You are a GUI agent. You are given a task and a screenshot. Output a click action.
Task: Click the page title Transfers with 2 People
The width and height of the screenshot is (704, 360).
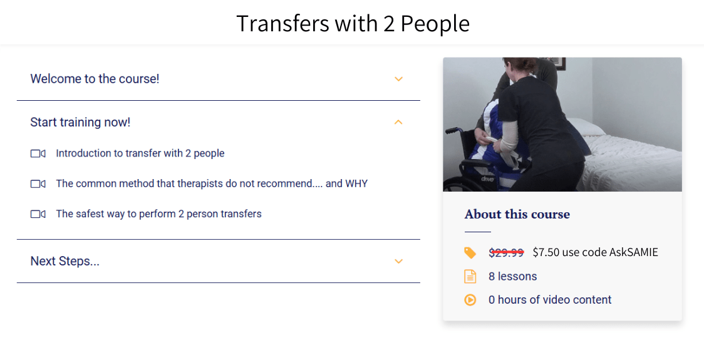(x=353, y=24)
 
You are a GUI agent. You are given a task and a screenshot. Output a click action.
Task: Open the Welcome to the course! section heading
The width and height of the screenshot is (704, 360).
(x=95, y=79)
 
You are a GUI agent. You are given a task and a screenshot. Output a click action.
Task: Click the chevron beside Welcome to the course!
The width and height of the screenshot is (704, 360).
(x=398, y=79)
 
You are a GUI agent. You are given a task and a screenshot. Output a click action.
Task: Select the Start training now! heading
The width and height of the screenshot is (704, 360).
(x=80, y=122)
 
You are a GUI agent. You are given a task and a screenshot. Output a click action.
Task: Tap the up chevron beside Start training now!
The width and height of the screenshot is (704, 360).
(x=398, y=122)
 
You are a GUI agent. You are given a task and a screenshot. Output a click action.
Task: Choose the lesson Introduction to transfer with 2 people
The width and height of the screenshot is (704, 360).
(x=140, y=153)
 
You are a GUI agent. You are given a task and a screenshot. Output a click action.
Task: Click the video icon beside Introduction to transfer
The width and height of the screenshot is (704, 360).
(x=38, y=153)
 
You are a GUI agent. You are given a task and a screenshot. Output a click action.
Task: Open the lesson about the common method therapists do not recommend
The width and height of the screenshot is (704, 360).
(x=211, y=183)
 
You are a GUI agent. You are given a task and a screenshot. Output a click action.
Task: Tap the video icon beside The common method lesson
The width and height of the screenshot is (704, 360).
(x=38, y=183)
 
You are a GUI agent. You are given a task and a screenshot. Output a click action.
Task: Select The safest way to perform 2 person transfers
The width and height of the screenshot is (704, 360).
(x=158, y=213)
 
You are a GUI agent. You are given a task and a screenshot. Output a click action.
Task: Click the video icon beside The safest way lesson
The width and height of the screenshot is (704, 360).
(x=38, y=213)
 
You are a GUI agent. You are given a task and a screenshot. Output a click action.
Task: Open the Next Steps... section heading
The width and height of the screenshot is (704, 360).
(x=65, y=261)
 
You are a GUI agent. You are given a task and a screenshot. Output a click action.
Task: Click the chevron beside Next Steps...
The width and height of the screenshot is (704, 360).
(x=398, y=261)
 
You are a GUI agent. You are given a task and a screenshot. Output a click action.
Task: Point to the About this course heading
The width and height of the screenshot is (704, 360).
(x=517, y=214)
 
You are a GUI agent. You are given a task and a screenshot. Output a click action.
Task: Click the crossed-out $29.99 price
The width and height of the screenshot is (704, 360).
(x=505, y=252)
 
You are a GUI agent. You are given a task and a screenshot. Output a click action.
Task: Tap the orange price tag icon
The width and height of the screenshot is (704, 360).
(x=470, y=252)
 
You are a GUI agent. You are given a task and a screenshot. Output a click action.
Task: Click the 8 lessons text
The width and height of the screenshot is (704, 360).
(x=512, y=276)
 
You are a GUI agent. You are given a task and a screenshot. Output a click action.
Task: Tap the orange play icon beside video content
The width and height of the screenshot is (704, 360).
(x=470, y=300)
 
